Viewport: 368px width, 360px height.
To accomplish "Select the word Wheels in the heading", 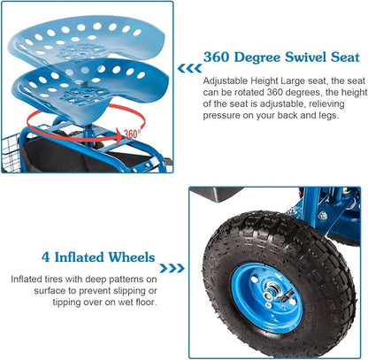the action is click(x=132, y=257).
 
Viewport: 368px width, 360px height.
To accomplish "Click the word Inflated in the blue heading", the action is click(x=79, y=257).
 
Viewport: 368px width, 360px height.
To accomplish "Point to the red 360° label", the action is click(x=131, y=134).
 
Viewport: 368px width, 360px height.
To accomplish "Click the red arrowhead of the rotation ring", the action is click(x=119, y=136).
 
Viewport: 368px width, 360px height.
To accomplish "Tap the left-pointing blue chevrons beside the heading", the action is click(x=189, y=68).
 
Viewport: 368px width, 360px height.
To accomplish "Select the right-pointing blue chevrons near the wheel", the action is click(x=172, y=268).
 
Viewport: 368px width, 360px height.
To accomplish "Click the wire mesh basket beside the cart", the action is click(x=10, y=152).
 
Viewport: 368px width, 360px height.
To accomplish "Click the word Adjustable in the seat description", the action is click(x=226, y=80).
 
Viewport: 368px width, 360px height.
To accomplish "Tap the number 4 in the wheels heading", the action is click(x=46, y=257).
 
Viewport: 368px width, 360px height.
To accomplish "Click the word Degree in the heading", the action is click(x=257, y=58).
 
